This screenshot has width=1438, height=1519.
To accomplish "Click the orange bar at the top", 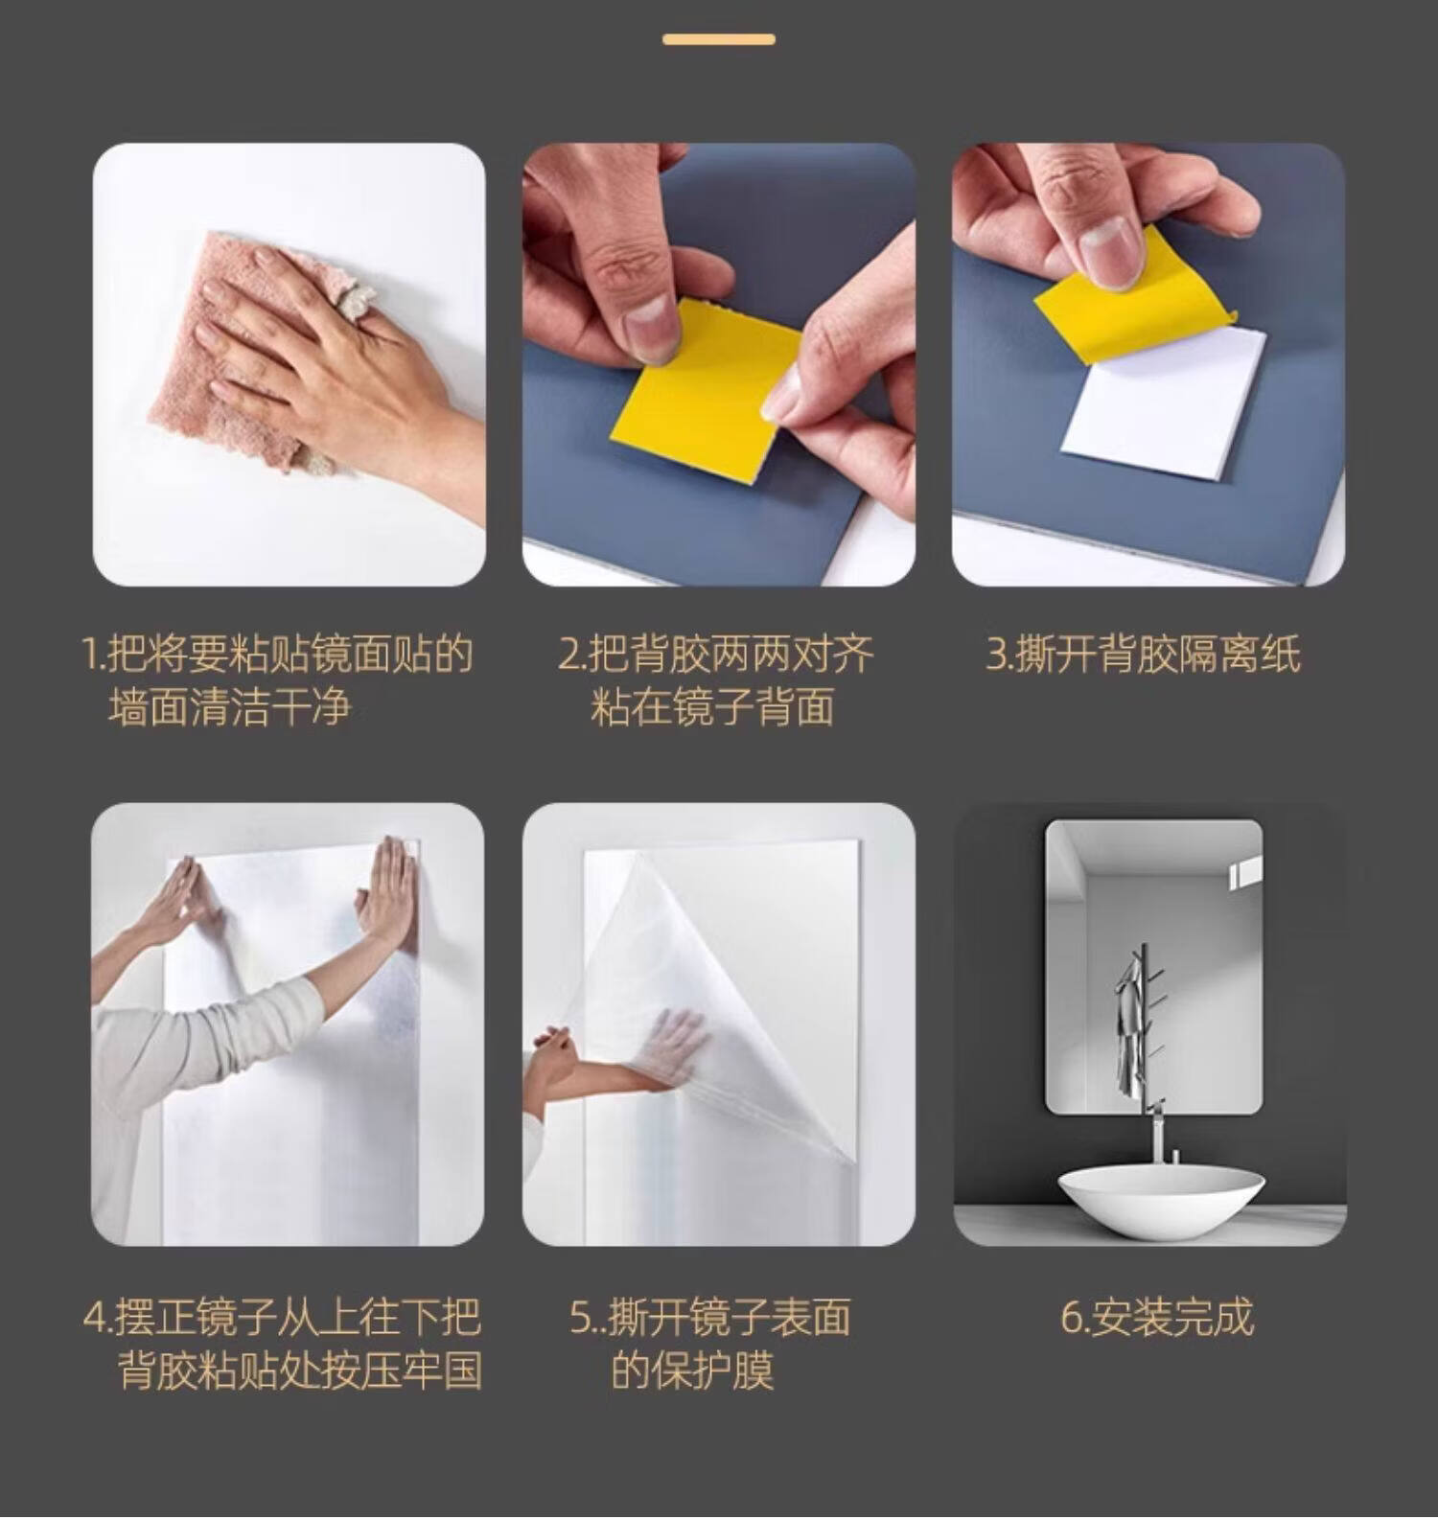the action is click(719, 39).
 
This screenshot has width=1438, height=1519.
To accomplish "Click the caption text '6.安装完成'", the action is click(1157, 1318).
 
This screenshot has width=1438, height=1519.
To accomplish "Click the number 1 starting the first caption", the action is click(90, 656).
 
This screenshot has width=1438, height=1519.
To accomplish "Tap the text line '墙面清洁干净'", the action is click(230, 708).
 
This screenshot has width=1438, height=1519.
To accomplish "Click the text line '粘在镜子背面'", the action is click(712, 707).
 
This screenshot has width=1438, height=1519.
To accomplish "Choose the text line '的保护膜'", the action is click(692, 1370).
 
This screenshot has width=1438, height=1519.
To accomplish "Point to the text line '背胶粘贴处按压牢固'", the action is click(299, 1370).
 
